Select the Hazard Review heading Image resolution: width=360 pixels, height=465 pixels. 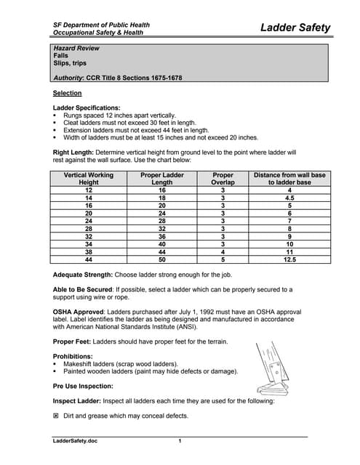tap(76, 48)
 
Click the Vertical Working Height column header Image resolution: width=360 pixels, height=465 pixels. tap(89, 178)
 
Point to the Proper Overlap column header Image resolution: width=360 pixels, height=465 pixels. tap(223, 178)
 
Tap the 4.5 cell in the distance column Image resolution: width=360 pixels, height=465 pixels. tap(289, 197)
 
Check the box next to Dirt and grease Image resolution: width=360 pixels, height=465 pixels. tap(57, 416)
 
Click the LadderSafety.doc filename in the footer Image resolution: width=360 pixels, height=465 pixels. tap(75, 442)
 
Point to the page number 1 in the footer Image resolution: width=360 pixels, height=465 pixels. tap(179, 442)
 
